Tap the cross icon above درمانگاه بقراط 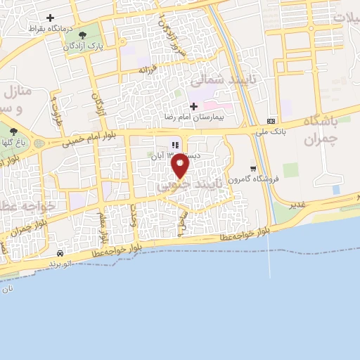[50, 17]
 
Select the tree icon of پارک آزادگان [83, 34]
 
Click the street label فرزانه [146, 70]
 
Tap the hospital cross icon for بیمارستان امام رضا [194, 106]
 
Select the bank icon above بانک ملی [272, 120]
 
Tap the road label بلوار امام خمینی [75, 138]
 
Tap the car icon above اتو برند [61, 252]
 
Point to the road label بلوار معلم [103, 209]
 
